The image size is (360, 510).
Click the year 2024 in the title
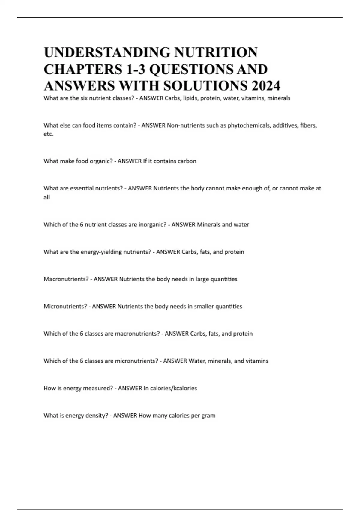pos(266,86)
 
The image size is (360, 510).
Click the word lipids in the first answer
pos(190,98)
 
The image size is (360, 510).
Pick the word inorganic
pos(152,225)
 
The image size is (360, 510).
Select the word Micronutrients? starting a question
pos(65,307)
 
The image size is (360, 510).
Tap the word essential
pos(82,188)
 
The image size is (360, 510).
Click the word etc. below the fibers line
pos(48,134)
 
